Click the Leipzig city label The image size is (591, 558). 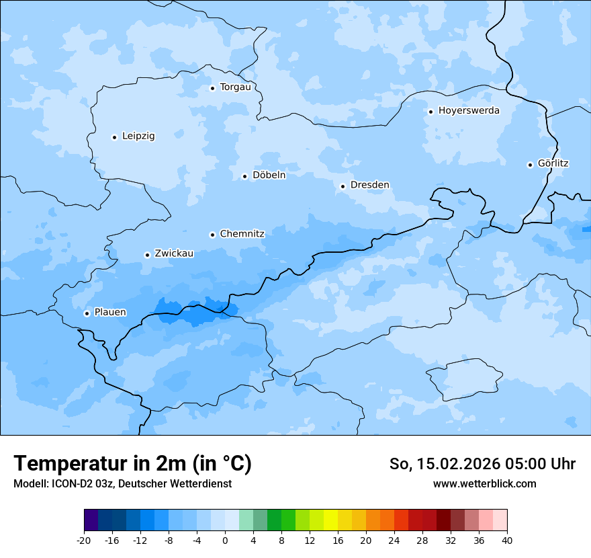tap(138, 136)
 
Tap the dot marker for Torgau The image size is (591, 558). tap(212, 88)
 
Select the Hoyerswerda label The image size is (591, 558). tap(469, 111)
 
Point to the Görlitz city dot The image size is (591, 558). tap(530, 165)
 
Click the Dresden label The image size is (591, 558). tap(369, 186)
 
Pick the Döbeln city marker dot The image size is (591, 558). tap(244, 176)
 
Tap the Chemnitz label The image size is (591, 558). tap(242, 235)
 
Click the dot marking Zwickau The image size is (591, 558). tap(147, 255)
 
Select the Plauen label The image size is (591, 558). tap(110, 313)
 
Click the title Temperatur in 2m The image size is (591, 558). tap(132, 463)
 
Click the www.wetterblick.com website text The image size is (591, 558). tap(484, 484)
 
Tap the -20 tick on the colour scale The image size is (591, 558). tap(84, 541)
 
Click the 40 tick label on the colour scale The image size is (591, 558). tap(507, 541)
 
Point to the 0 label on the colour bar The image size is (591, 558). tap(225, 541)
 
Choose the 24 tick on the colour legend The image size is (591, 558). tap(394, 541)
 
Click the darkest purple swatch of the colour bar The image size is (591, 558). tap(91, 520)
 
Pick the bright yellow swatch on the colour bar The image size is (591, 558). tap(330, 520)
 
